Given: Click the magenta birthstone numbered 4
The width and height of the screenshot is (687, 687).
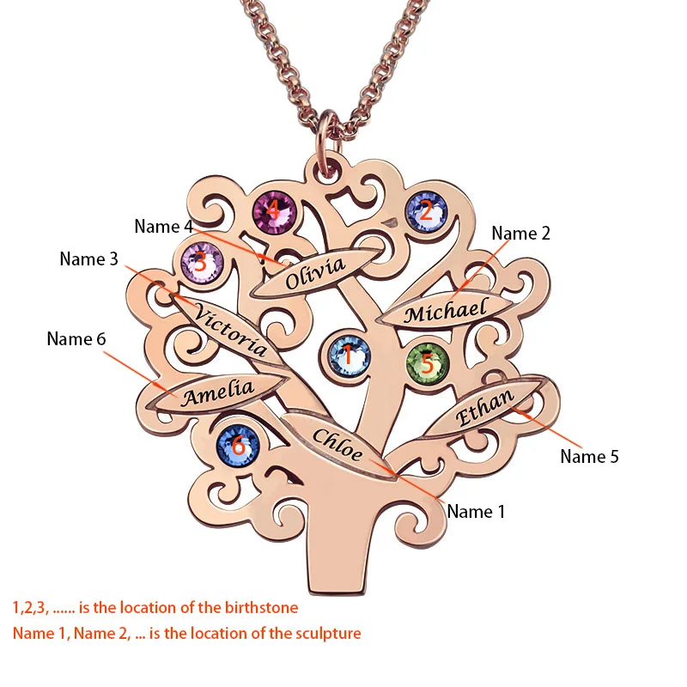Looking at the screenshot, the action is click(275, 212).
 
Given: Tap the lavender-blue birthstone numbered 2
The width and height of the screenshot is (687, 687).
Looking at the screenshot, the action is click(426, 212).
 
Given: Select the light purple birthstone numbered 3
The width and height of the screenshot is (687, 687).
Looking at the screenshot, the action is click(202, 263).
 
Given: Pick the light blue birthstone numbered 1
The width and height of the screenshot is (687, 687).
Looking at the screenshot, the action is click(350, 356).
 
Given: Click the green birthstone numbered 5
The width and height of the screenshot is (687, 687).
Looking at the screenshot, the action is click(427, 363).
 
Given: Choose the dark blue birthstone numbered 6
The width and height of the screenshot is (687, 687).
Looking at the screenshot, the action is click(238, 446).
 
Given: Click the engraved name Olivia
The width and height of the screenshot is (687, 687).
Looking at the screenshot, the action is click(315, 273).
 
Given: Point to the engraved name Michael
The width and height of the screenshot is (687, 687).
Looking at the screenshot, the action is click(446, 310).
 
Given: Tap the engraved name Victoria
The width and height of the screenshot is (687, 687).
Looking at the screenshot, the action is click(230, 329).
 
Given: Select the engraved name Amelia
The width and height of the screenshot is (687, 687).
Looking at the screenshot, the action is click(218, 392).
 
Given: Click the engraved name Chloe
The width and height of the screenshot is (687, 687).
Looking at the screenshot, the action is click(337, 444).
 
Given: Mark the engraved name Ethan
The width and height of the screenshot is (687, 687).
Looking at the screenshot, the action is click(484, 407).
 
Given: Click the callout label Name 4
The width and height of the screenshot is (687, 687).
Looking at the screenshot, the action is click(163, 227).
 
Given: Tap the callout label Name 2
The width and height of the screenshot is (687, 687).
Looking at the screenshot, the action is click(520, 233).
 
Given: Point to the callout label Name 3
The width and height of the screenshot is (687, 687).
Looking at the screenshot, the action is click(89, 259).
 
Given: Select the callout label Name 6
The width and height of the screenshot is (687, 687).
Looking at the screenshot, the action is click(76, 338).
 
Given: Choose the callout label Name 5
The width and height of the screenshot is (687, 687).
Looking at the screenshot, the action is click(589, 457).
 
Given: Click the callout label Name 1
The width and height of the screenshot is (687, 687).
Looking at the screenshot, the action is click(476, 511).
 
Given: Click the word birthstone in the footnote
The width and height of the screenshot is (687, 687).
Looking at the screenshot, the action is click(262, 608).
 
